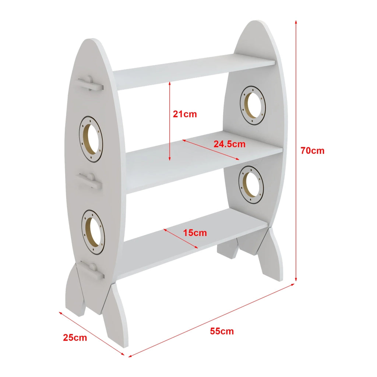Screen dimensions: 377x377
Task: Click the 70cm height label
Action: tap(312, 151)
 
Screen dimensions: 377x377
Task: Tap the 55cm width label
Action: tap(222, 331)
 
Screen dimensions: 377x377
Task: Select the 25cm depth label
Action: tap(75, 338)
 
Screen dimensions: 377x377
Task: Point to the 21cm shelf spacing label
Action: tap(185, 114)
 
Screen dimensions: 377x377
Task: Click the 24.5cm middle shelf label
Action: tap(229, 144)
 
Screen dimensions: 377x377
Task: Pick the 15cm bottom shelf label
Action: tap(195, 233)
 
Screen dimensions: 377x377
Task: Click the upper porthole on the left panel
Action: tap(91, 139)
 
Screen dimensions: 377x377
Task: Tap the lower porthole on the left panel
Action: tap(93, 232)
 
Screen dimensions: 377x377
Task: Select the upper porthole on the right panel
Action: tap(253, 105)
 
